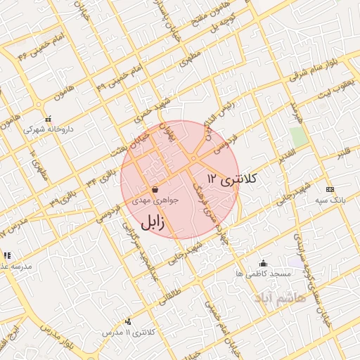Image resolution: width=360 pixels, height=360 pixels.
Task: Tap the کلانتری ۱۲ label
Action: click(233, 178)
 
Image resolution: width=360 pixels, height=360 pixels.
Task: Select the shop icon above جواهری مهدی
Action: click(154, 189)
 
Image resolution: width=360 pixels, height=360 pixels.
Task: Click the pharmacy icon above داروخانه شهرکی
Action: click(47, 119)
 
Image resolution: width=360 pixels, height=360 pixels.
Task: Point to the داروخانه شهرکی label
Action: click(48, 129)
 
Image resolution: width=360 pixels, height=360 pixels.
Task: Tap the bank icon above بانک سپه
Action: click(329, 189)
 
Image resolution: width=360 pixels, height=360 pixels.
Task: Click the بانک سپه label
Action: click(329, 200)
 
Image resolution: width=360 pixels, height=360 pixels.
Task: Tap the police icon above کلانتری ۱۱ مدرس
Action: click(127, 321)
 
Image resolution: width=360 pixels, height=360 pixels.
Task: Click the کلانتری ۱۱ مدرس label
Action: click(127, 332)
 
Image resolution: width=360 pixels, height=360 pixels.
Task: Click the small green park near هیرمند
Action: click(299, 136)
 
